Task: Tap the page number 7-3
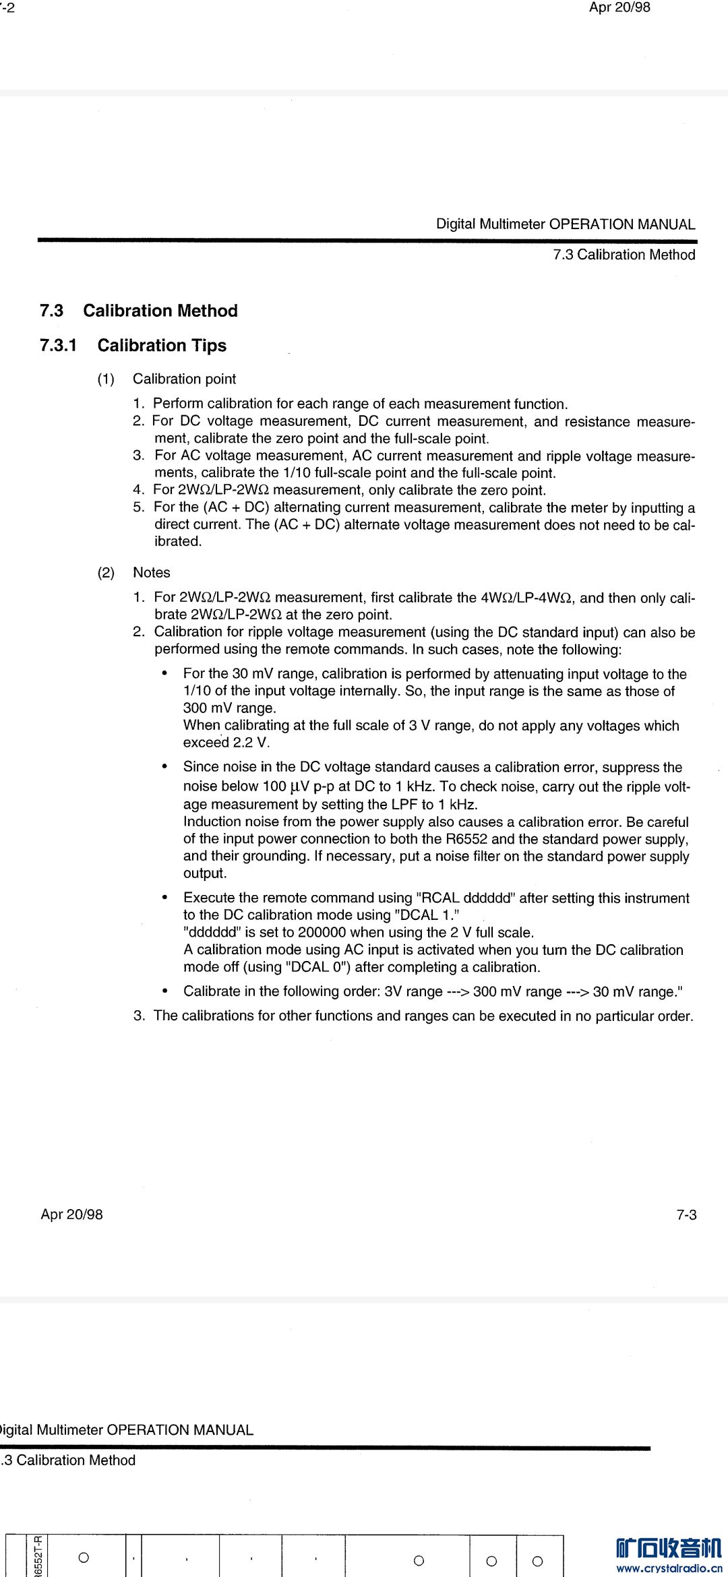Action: click(686, 1214)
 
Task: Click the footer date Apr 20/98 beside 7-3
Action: click(72, 1214)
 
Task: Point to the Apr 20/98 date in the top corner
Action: click(619, 7)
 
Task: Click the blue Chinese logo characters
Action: click(668, 1548)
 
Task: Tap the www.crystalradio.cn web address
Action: click(669, 1568)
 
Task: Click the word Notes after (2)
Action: click(152, 572)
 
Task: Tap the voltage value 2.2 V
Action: click(251, 743)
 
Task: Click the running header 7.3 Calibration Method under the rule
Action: click(624, 255)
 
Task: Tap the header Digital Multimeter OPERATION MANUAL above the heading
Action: click(566, 224)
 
